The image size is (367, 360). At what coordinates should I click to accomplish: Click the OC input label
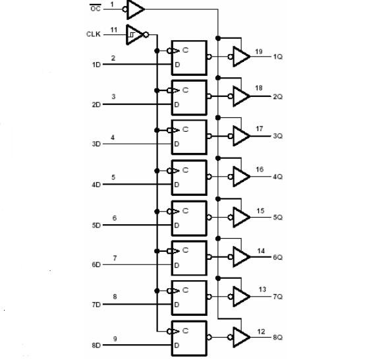tap(96, 9)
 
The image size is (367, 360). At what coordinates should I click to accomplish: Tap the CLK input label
tap(94, 34)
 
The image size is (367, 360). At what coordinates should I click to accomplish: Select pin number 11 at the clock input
tap(114, 30)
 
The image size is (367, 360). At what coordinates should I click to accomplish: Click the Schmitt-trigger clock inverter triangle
tap(134, 35)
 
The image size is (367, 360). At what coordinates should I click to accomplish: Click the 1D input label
tap(96, 65)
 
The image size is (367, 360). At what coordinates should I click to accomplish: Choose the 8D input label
tap(96, 345)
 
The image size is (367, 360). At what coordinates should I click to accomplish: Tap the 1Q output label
tap(278, 57)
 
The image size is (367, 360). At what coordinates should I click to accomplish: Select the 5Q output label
tap(278, 218)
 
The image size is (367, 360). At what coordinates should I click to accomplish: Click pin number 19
tap(259, 51)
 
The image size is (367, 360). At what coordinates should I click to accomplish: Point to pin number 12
tap(261, 332)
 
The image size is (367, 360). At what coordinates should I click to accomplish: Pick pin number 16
tap(260, 169)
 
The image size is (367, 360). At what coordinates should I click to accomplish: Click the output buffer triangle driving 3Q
tap(242, 136)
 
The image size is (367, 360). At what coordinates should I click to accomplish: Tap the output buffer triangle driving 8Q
tap(242, 337)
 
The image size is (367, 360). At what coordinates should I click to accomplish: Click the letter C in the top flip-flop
tap(185, 50)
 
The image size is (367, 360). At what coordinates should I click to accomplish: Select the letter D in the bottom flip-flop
tap(177, 345)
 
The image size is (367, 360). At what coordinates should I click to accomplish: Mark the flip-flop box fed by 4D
tap(189, 177)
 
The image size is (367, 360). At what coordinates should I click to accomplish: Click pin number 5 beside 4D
tap(113, 177)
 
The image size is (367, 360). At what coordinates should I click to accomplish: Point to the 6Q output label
tap(278, 257)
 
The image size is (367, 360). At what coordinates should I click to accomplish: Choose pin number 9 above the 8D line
tap(115, 339)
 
